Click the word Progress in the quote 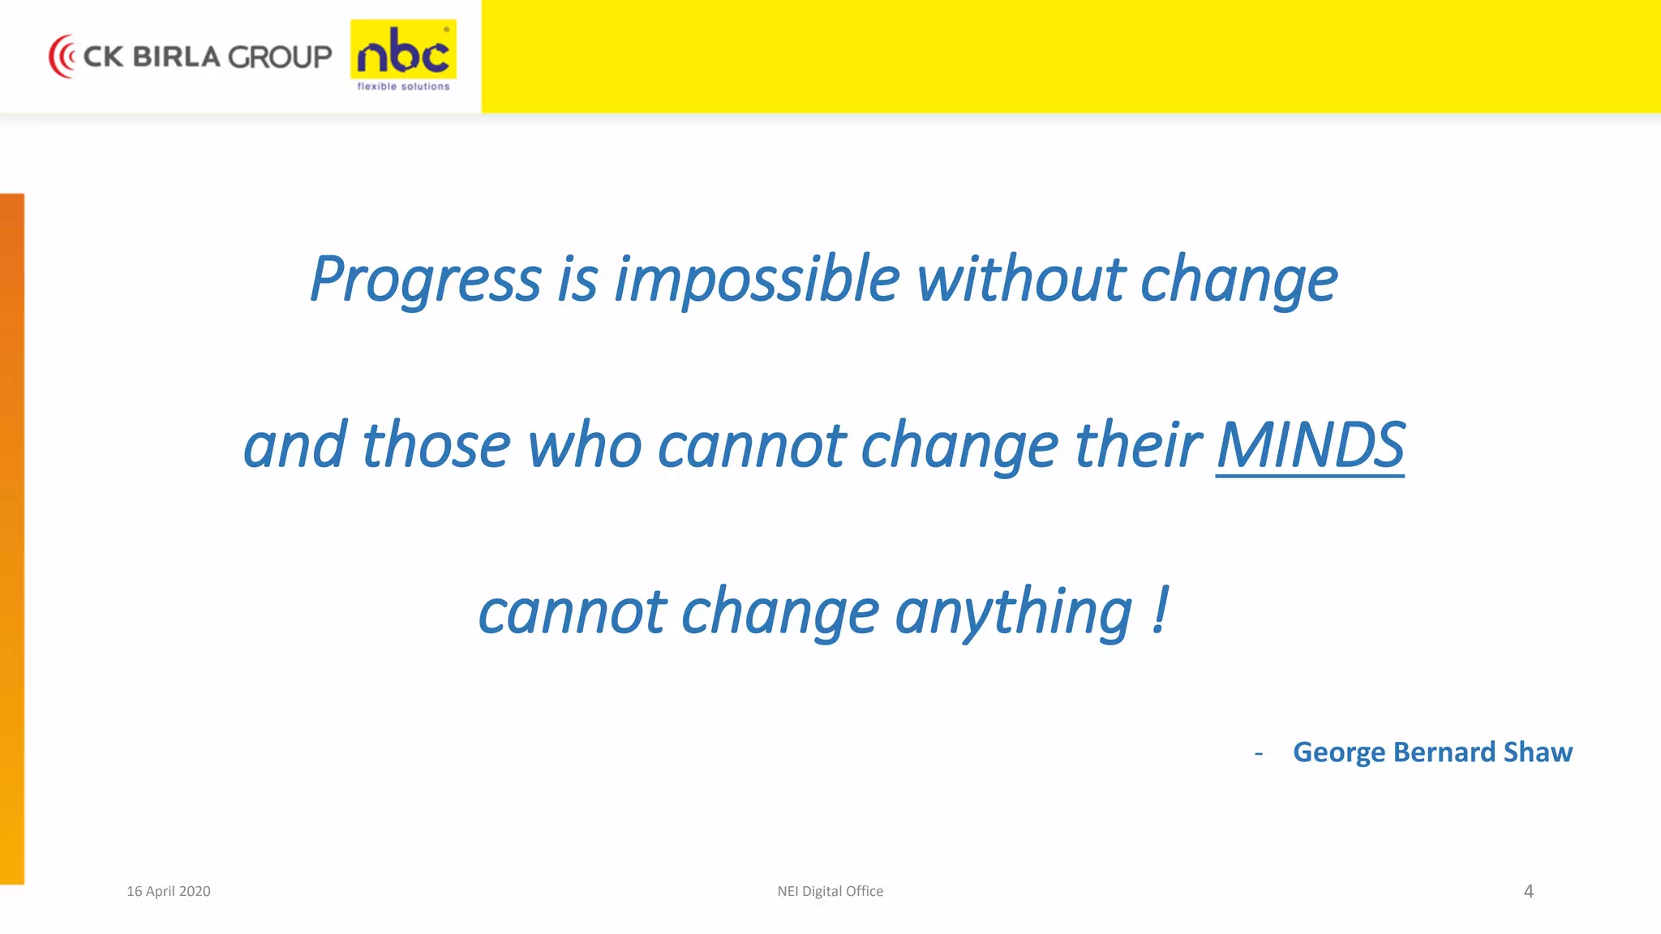[x=425, y=280]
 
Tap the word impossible [x=756, y=280]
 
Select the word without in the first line [x=1020, y=280]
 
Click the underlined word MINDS [x=1310, y=445]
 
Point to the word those [x=436, y=445]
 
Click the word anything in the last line [x=1013, y=612]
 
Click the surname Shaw [x=1538, y=752]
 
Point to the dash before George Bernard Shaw [x=1258, y=753]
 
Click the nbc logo [x=403, y=52]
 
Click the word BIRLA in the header [x=176, y=57]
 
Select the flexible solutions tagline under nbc [x=403, y=87]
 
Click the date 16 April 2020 [x=168, y=891]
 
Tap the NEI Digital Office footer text [x=830, y=891]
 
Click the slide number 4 [x=1528, y=891]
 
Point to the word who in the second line [x=584, y=445]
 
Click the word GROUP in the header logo [x=280, y=57]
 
